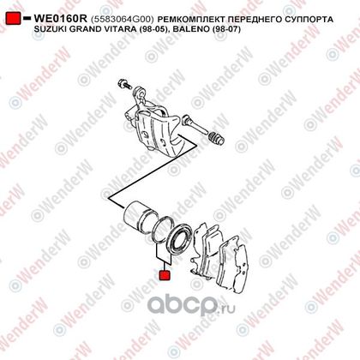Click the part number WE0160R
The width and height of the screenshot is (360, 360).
(x=60, y=19)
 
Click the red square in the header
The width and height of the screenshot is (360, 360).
(x=13, y=18)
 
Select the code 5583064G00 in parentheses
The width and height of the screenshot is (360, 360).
(x=123, y=19)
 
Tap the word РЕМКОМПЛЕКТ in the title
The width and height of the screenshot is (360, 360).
(x=192, y=19)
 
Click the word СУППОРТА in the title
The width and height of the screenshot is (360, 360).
(x=309, y=19)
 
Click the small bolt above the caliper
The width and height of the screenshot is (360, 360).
(x=123, y=83)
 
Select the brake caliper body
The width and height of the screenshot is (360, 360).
(x=153, y=123)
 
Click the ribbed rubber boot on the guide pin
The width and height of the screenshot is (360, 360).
(x=217, y=139)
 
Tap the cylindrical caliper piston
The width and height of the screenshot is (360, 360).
(x=140, y=216)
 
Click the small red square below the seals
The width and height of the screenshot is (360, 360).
(x=165, y=275)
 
